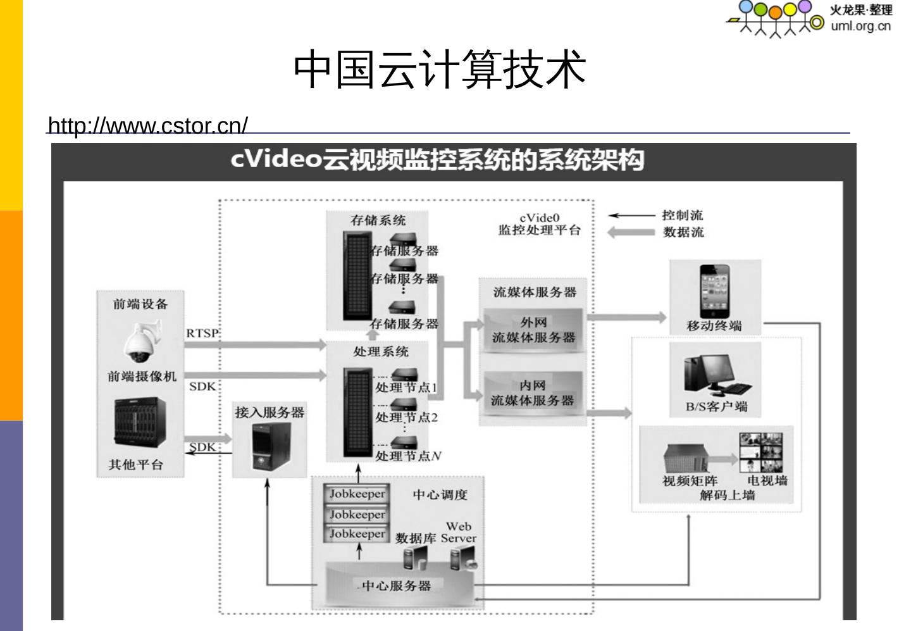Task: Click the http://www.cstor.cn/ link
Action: pos(148,125)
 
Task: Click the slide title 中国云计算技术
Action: pos(440,69)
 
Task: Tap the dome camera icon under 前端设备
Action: pos(141,342)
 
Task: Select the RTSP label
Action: pos(202,333)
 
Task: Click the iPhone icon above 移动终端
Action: pos(714,290)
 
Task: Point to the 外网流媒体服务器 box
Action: pos(533,330)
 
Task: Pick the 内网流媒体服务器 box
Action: pos(533,393)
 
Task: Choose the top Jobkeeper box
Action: pos(357,494)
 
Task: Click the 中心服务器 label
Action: pos(396,586)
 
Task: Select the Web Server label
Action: pos(459,532)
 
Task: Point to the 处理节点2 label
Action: pos(406,418)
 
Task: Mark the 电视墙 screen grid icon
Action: pos(761,452)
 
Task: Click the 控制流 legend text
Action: pos(682,215)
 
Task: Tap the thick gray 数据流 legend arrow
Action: pos(631,232)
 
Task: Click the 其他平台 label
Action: pos(135,465)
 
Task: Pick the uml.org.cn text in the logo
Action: pos(860,26)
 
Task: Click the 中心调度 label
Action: pos(440,495)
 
